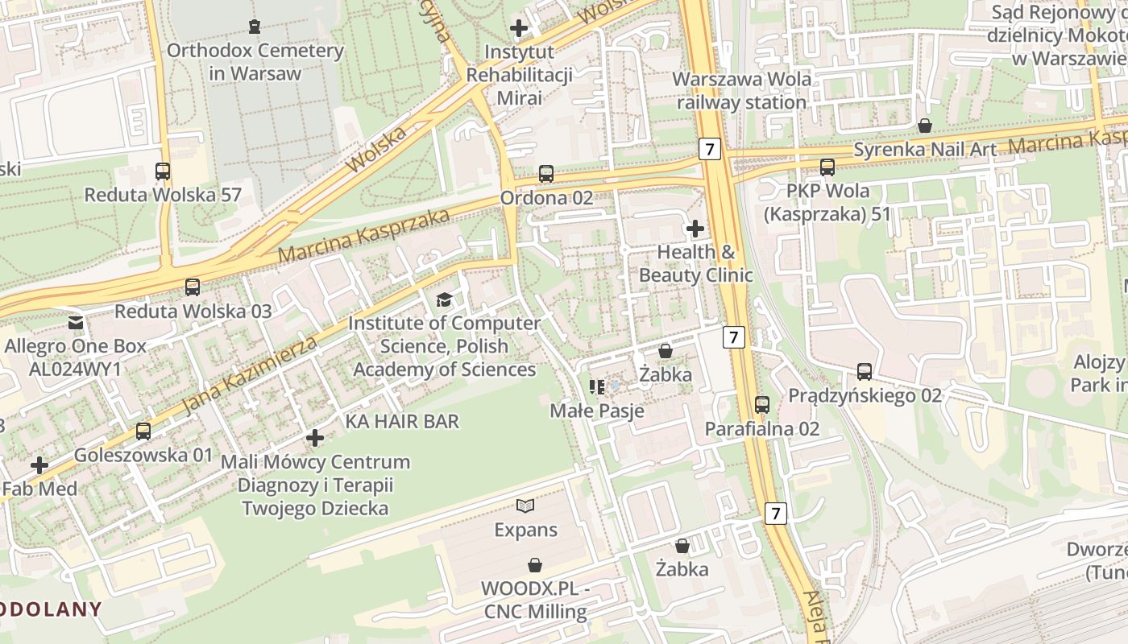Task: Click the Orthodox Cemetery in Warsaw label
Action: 255,62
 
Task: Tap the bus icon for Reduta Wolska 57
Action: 163,171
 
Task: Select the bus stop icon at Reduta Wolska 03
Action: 193,287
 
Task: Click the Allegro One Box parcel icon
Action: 76,323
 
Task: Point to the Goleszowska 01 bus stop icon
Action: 143,431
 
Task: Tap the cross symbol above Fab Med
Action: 39,465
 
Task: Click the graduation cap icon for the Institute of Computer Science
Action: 444,300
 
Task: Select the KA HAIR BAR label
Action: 402,421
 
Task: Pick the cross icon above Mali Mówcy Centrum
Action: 315,438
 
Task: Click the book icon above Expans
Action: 525,506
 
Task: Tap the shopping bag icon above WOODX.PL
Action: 535,565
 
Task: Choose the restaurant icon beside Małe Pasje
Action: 597,387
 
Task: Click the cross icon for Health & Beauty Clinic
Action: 695,229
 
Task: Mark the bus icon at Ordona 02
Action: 546,173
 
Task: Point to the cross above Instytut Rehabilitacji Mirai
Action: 519,28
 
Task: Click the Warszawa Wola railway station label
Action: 741,91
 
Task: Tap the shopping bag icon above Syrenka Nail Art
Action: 925,126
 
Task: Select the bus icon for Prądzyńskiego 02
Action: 865,372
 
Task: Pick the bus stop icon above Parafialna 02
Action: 762,405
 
